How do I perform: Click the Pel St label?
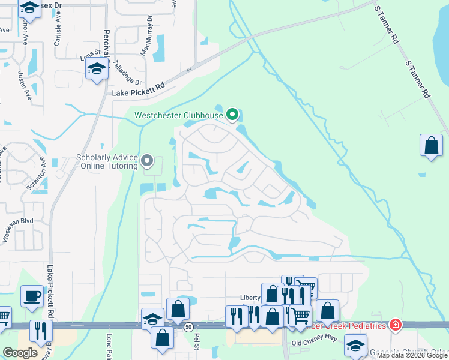click(196, 343)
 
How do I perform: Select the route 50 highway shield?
click(188, 326)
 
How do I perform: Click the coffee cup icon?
click(31, 295)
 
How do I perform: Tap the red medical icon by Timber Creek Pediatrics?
click(395, 325)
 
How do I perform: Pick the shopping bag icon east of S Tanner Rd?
click(431, 145)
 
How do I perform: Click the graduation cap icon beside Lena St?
click(96, 70)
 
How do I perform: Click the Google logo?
click(20, 353)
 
